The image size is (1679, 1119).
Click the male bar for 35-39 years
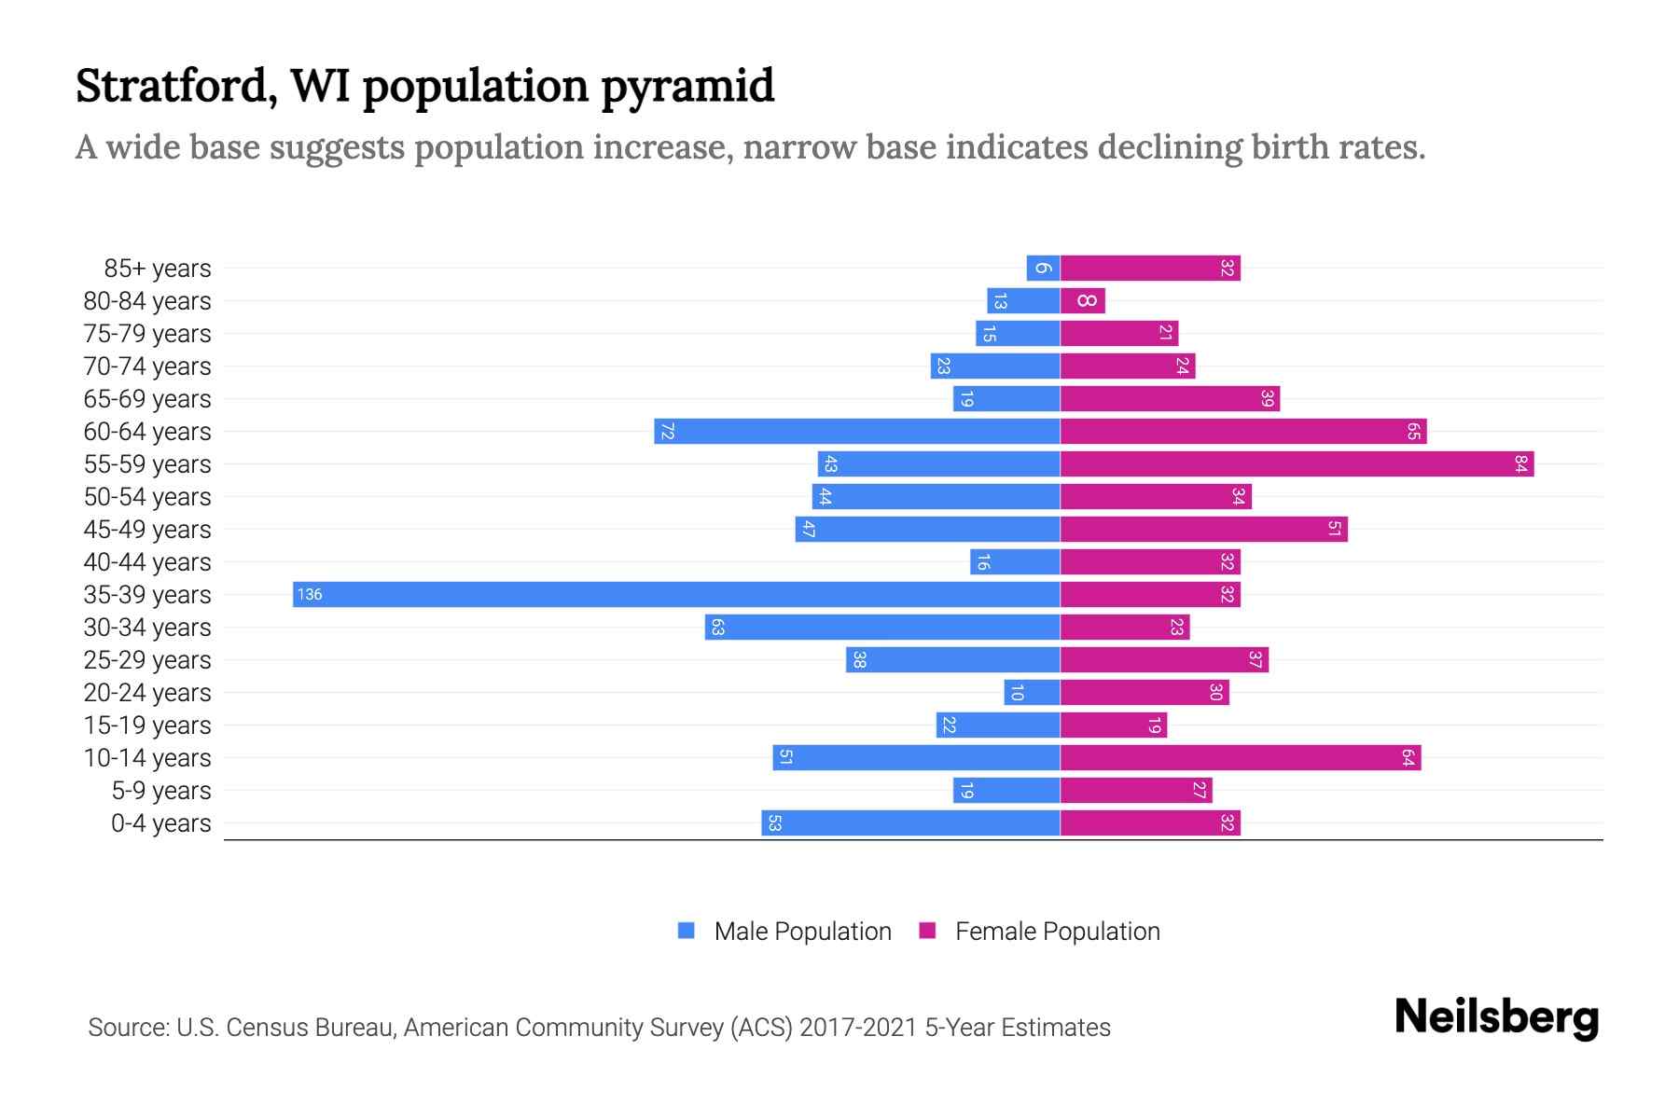(x=676, y=594)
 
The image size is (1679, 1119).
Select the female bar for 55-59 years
(x=1297, y=463)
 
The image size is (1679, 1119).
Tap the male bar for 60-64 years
(x=856, y=431)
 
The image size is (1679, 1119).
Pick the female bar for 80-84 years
(x=1083, y=300)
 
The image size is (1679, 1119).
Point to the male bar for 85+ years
(x=1043, y=268)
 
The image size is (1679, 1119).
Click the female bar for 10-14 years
(x=1241, y=757)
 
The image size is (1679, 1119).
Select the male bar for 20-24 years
(x=1032, y=692)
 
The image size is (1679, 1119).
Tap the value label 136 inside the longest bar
(x=310, y=594)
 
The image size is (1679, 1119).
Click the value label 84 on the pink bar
(x=1520, y=463)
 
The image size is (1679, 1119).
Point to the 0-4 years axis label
(x=160, y=822)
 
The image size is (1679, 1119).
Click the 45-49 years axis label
(x=147, y=529)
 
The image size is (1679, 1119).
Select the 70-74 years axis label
(x=147, y=366)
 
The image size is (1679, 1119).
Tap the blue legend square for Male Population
(x=687, y=931)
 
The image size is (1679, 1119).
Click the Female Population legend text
(x=1057, y=931)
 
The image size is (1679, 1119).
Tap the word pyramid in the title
(x=687, y=86)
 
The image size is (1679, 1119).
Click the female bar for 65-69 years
(x=1170, y=398)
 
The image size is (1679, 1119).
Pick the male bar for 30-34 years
(x=882, y=627)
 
